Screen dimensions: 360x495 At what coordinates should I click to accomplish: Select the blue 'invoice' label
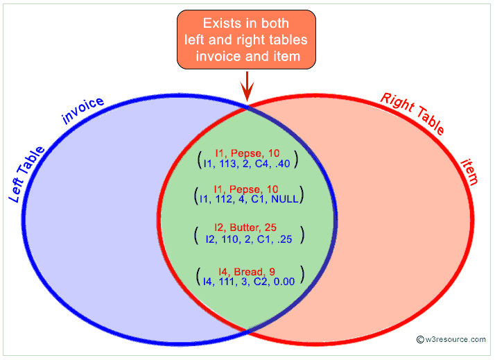(x=83, y=110)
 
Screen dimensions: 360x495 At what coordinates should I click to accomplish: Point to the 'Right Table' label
(x=413, y=113)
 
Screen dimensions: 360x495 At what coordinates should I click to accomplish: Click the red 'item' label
(x=470, y=172)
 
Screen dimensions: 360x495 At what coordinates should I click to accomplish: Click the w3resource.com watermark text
(x=455, y=339)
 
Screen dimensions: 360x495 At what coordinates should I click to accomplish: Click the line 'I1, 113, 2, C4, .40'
(x=247, y=164)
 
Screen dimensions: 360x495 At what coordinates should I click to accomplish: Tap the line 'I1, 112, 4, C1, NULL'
(x=247, y=199)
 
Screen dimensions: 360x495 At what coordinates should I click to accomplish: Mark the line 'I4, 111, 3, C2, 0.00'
(x=247, y=282)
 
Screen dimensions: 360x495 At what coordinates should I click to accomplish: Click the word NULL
(x=286, y=199)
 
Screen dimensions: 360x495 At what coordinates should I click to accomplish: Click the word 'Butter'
(x=246, y=227)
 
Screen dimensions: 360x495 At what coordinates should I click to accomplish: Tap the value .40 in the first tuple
(x=286, y=164)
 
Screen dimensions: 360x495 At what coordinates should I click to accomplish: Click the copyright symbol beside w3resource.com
(x=420, y=339)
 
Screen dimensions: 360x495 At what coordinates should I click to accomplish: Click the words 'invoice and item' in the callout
(x=247, y=56)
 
